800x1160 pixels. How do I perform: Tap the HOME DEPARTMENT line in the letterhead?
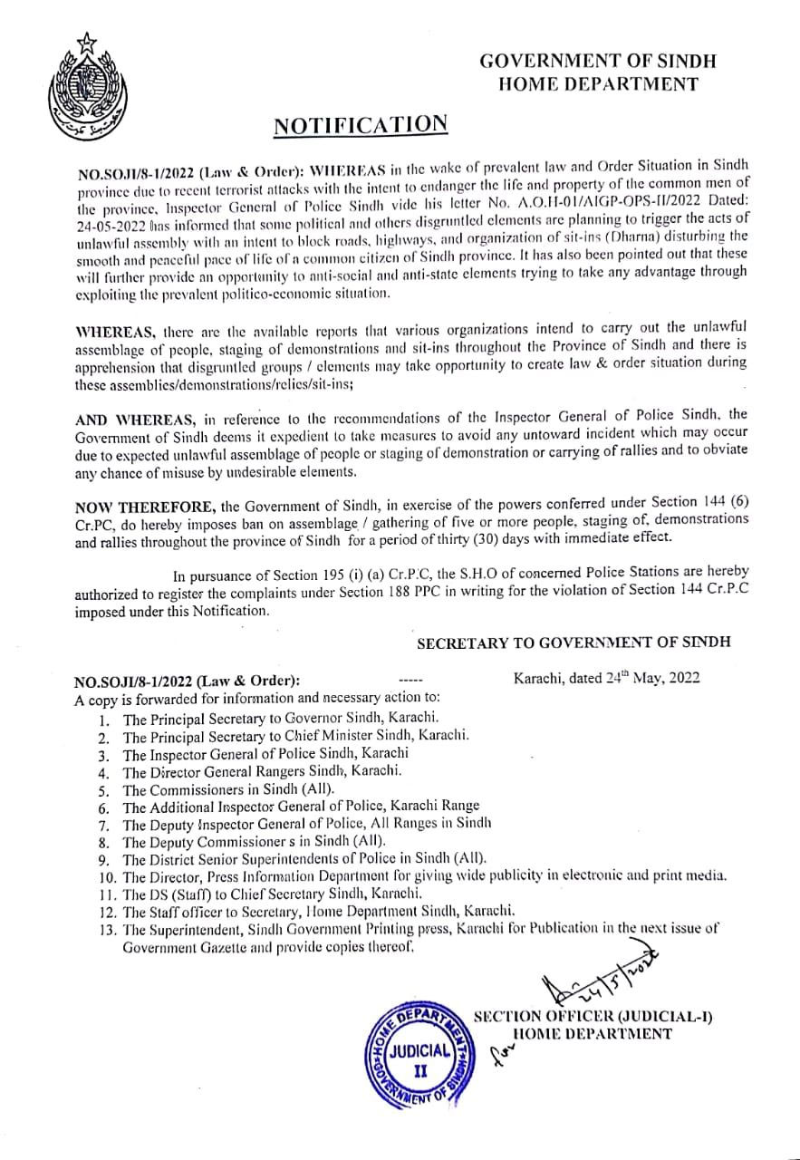pos(599,84)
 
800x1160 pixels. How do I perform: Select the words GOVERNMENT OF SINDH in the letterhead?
pos(598,62)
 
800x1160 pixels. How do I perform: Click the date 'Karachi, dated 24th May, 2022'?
pos(606,678)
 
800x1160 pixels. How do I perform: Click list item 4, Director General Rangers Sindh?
pos(262,771)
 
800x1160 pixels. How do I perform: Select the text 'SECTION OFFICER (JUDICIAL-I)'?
pos(593,1016)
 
